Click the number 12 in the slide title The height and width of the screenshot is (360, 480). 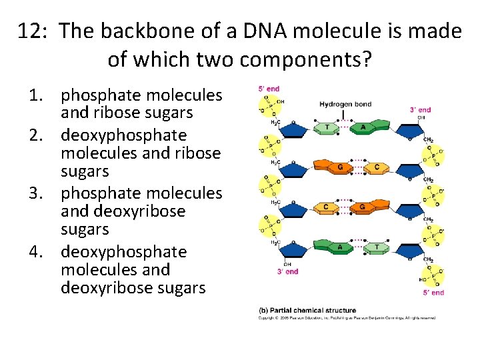(32, 31)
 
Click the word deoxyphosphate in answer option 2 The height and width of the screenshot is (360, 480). (123, 135)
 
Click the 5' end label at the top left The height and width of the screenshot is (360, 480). (269, 89)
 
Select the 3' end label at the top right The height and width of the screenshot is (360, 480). (420, 110)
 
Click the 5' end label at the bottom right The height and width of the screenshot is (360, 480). (433, 292)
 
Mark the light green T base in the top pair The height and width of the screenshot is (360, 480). (327, 127)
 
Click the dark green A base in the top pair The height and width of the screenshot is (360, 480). (363, 127)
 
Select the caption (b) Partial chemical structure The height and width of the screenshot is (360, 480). (307, 310)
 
